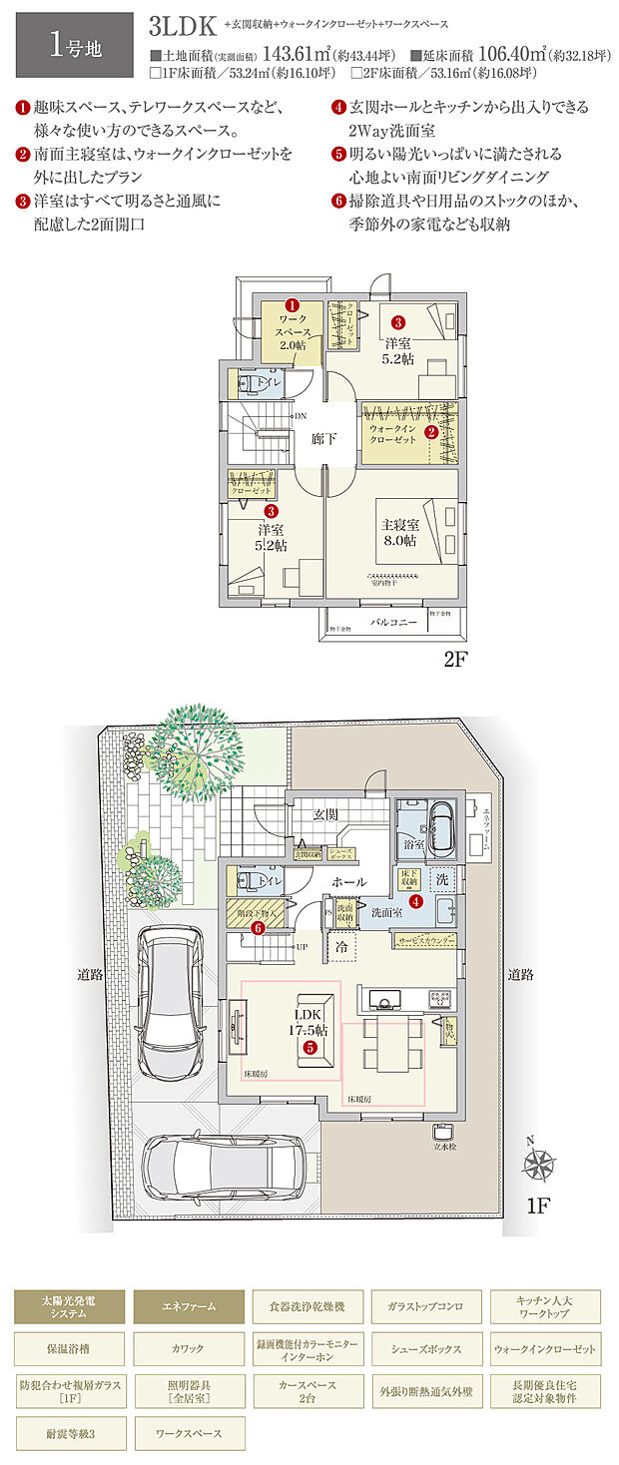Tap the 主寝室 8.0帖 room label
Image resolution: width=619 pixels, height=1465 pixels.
[x=396, y=532]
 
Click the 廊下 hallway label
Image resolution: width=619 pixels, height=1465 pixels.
[x=322, y=438]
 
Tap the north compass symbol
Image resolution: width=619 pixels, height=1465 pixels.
[x=539, y=1166]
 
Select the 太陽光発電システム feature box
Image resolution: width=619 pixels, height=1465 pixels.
[x=71, y=1305]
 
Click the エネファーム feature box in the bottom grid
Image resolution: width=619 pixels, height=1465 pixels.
[x=188, y=1305]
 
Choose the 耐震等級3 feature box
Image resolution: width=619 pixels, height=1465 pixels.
[x=71, y=1433]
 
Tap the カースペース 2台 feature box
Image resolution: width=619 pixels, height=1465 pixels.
[x=308, y=1391]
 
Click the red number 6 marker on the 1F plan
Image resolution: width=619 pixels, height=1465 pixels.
[x=258, y=927]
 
